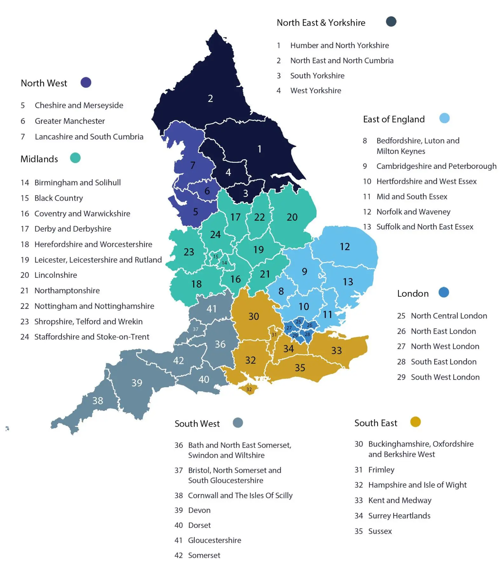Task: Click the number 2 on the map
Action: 210,98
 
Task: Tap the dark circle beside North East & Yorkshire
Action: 391,22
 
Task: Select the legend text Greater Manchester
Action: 70,121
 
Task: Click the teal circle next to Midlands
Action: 75,158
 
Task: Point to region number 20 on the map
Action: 292,217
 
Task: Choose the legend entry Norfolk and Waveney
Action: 413,212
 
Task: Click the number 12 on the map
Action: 344,247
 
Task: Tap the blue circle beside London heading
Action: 444,292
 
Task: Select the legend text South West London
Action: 445,377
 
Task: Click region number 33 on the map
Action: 336,350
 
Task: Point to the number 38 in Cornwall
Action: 98,401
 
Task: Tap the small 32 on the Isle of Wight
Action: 249,389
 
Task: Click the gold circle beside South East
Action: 415,422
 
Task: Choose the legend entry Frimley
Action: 381,469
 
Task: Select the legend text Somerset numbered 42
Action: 204,555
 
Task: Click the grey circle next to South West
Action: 238,422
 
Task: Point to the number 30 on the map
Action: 254,316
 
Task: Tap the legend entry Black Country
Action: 58,198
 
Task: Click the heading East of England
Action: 394,119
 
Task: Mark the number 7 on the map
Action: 193,165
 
